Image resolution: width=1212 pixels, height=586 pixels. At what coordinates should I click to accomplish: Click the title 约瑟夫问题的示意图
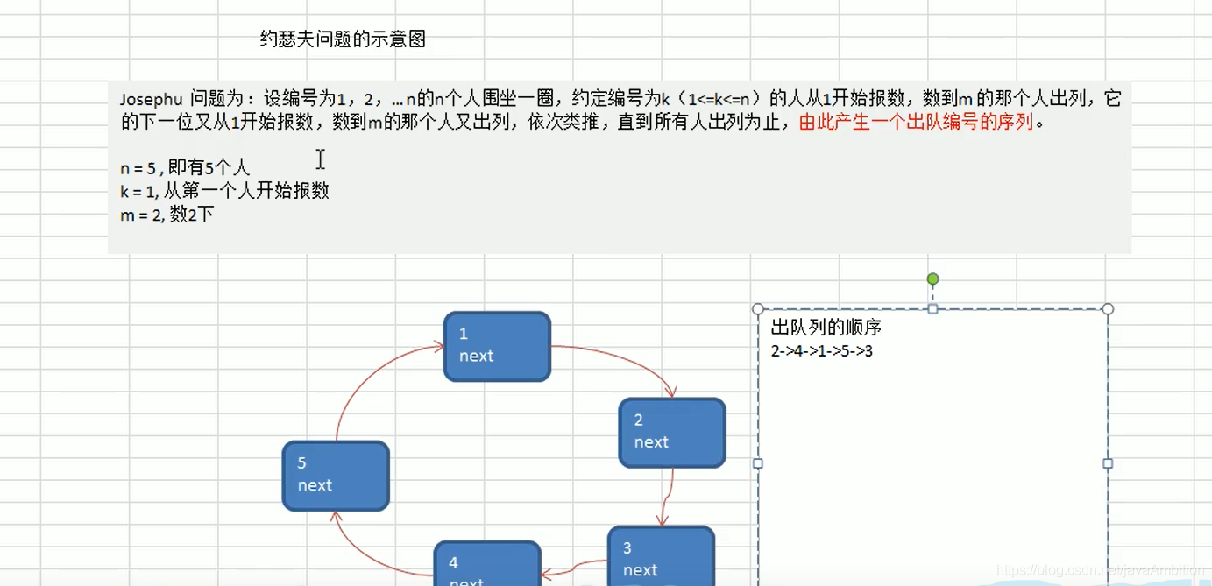[x=343, y=39]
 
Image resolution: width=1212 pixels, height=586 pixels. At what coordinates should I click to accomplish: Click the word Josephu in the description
[x=152, y=99]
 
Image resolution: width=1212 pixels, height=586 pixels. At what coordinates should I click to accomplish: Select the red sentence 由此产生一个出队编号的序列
[x=917, y=122]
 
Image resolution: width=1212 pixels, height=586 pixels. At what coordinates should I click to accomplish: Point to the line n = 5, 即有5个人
[x=185, y=168]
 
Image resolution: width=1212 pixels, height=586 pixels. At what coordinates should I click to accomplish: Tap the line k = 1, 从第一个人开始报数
[x=224, y=191]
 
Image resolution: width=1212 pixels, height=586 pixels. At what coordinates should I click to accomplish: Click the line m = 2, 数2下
[x=167, y=215]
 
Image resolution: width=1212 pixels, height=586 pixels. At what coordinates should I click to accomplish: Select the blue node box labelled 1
[x=497, y=346]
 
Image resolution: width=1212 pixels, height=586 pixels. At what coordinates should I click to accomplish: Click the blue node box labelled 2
[x=672, y=433]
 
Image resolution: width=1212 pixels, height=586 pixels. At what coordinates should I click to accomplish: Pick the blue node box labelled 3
[x=661, y=557]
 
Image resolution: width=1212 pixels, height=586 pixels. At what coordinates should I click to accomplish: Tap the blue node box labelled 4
[x=487, y=565]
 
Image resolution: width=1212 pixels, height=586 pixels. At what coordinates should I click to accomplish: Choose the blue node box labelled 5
[x=336, y=476]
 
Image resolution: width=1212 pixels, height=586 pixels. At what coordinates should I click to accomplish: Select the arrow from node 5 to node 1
[x=368, y=377]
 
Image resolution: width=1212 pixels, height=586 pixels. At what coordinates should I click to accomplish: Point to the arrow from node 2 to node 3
[x=670, y=498]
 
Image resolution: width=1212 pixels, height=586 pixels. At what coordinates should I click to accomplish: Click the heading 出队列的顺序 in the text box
[x=826, y=328]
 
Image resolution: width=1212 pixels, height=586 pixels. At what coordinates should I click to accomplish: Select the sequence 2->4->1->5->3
[x=821, y=351]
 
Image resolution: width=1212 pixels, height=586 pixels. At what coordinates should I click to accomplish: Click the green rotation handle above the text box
[x=932, y=279]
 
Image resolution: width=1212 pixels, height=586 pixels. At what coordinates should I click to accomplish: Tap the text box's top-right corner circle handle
[x=1108, y=309]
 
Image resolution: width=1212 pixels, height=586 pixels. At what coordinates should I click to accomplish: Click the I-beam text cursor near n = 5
[x=321, y=159]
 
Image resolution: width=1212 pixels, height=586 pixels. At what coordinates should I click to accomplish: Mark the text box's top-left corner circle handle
[x=758, y=309]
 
